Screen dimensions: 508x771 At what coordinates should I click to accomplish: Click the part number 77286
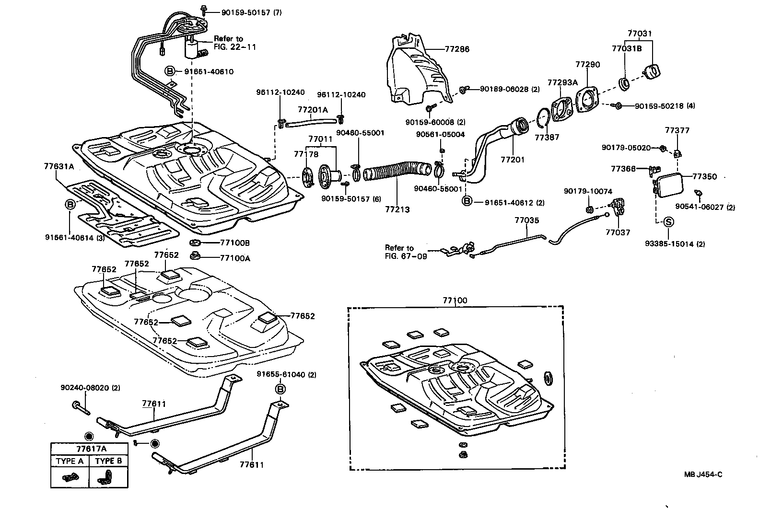456,49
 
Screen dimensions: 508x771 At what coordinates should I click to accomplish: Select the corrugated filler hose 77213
393,173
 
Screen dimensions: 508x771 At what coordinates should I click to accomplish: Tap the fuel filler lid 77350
672,185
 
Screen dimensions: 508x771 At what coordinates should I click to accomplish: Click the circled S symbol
669,222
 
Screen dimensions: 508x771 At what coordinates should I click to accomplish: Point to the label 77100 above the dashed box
455,300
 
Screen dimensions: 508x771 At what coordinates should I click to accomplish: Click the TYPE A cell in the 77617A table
70,461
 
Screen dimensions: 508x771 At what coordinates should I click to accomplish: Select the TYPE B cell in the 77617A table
109,461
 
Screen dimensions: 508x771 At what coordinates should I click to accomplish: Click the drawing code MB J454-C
703,475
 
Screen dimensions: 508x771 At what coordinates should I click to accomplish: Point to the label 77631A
59,167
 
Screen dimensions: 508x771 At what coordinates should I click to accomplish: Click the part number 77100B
235,243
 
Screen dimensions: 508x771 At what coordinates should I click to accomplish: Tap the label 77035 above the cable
526,220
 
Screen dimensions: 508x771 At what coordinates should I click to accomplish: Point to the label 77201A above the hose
313,110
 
